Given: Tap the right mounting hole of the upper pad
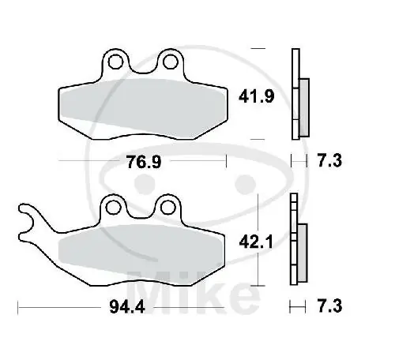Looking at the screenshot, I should (x=167, y=61).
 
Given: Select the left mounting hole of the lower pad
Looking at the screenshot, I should (x=115, y=207).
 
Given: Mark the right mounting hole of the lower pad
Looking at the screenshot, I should (x=167, y=207).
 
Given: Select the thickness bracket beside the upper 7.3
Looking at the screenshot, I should (x=297, y=161).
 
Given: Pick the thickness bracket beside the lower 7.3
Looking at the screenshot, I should (x=297, y=306).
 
